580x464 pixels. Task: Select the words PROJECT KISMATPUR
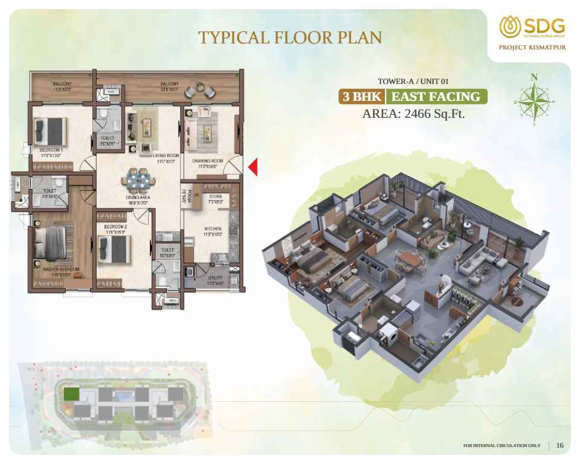(x=532, y=48)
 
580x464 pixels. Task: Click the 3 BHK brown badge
(x=362, y=97)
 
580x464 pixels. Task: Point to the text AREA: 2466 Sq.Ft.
(x=413, y=114)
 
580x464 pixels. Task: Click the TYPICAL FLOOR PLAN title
(x=290, y=37)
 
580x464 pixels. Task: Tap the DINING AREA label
(x=138, y=198)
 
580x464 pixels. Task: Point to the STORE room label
(x=215, y=196)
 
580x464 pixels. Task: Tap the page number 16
(x=560, y=445)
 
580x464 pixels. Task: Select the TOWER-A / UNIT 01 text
(x=414, y=82)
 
